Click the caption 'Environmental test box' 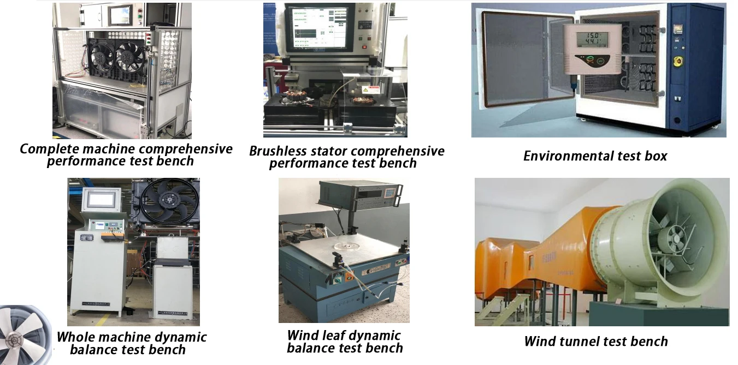pyautogui.click(x=595, y=156)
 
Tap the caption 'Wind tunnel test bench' pyautogui.click(x=595, y=342)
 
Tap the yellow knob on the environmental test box pyautogui.click(x=678, y=62)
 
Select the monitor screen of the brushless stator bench pyautogui.click(x=317, y=29)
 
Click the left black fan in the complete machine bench pyautogui.click(x=102, y=57)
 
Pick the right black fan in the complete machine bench pyautogui.click(x=129, y=57)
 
